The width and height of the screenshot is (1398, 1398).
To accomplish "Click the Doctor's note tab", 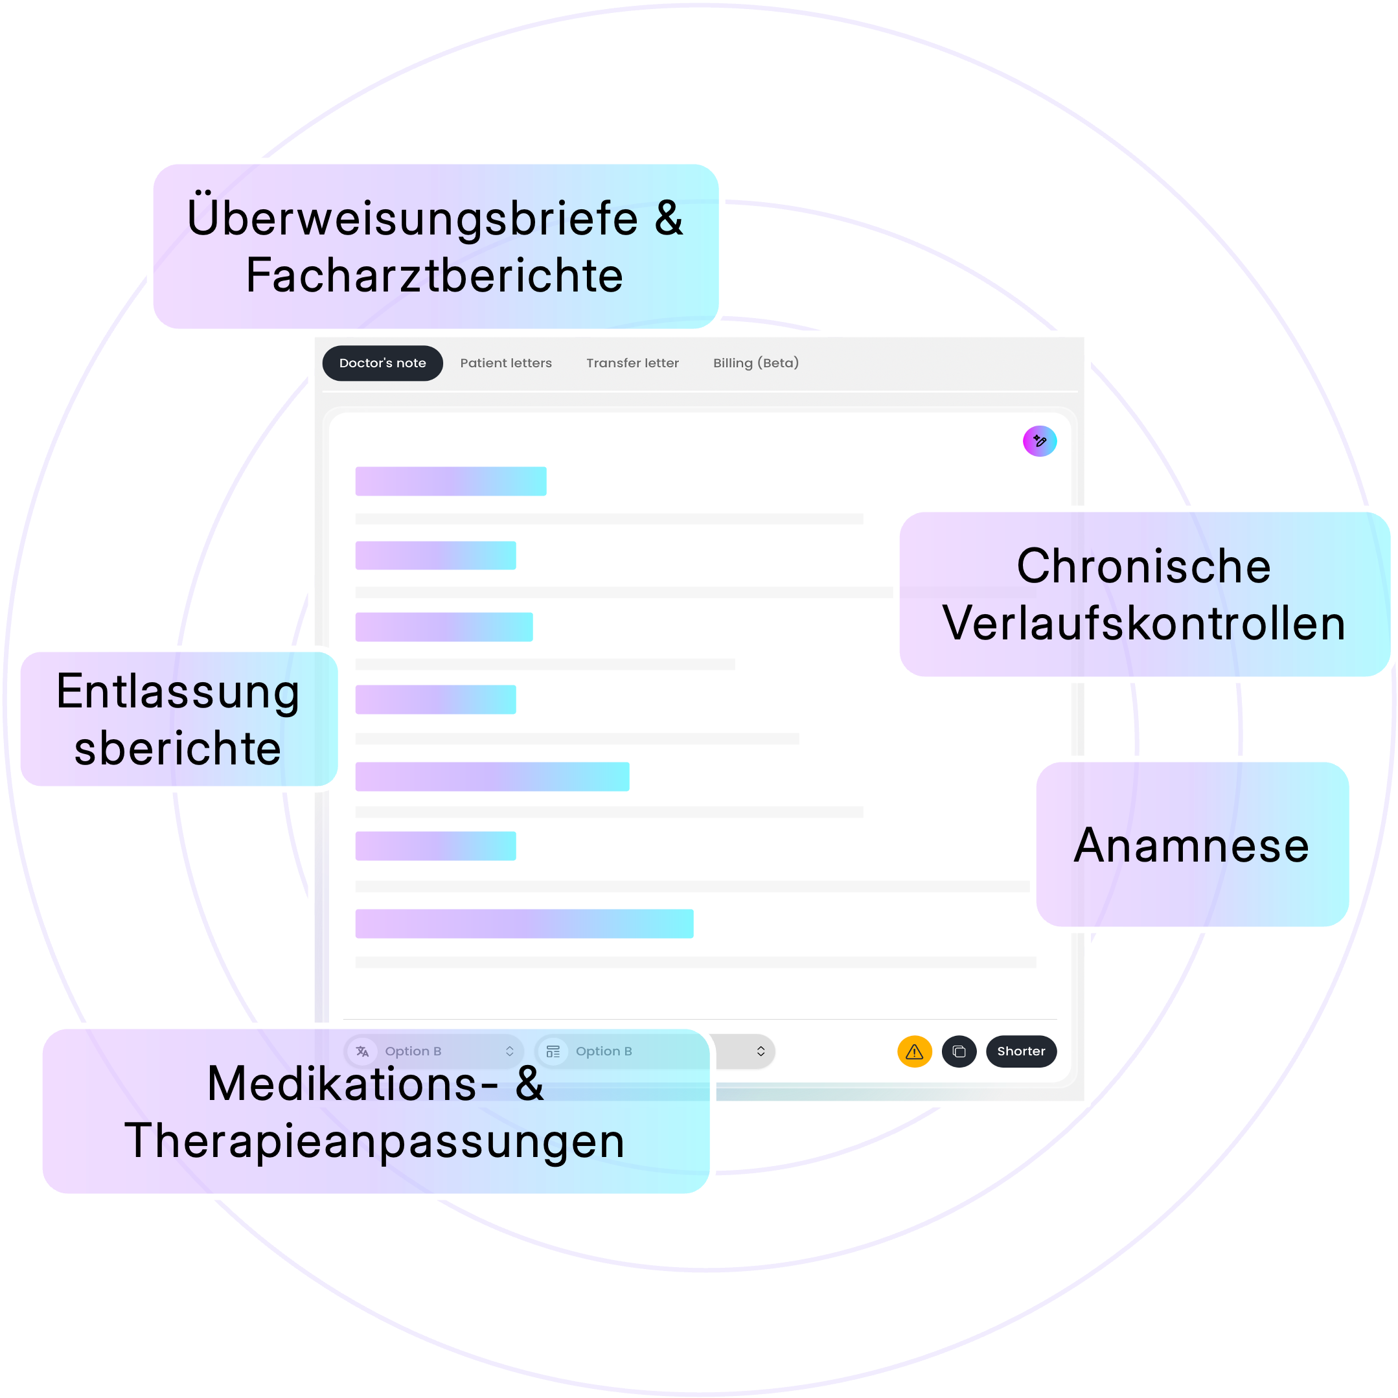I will click(382, 363).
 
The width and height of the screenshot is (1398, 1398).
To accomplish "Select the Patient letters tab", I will click(506, 363).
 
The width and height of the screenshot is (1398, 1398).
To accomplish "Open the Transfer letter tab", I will click(632, 363).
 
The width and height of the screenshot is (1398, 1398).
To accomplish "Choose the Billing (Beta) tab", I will click(755, 363).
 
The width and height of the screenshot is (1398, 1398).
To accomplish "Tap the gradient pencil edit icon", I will click(1039, 441).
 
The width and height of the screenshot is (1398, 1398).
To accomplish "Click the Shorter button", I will click(1020, 1051).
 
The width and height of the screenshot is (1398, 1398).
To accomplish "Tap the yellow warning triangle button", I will click(914, 1051).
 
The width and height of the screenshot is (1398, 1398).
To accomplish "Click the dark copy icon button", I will click(959, 1051).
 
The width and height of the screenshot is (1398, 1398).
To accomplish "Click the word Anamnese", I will click(1191, 845).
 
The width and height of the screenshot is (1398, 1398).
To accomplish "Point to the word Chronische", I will click(1143, 566).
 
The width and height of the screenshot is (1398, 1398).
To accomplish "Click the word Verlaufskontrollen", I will click(1143, 624).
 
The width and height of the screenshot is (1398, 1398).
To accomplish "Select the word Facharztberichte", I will click(434, 276).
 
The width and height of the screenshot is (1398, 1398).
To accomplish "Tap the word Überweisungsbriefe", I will click(413, 218).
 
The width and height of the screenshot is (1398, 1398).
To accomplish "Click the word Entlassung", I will click(178, 692).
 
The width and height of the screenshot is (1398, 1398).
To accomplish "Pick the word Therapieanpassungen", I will click(374, 1141).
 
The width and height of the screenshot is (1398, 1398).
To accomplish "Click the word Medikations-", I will click(352, 1084).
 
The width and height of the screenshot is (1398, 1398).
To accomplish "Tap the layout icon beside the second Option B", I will click(553, 1051).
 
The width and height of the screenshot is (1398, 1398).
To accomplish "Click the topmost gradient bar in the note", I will click(450, 481).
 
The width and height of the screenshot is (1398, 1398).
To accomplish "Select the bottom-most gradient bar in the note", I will click(524, 923).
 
